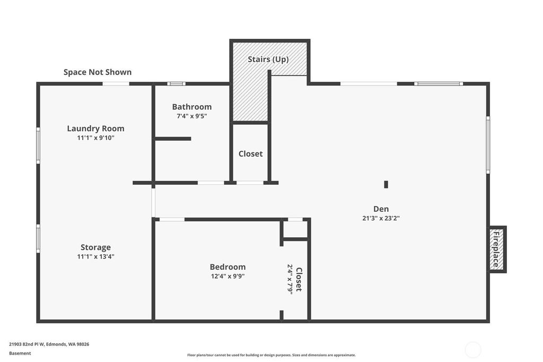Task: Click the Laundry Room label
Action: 95,128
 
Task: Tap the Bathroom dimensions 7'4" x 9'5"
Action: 192,116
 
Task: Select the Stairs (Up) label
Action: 268,59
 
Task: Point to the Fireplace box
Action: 497,249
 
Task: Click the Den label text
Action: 381,209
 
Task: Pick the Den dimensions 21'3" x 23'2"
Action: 381,219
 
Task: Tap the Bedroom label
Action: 227,267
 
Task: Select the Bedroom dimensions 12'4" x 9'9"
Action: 228,277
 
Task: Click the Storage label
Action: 95,247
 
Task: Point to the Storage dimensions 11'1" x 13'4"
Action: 95,256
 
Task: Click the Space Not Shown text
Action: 98,72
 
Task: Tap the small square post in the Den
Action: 386,185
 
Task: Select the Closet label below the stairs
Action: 250,153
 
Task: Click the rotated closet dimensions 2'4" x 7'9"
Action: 290,279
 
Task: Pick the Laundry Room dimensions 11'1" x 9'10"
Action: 95,138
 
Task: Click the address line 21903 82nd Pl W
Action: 49,344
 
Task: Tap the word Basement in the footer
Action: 20,354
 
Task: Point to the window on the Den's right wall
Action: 488,145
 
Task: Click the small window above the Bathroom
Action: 176,83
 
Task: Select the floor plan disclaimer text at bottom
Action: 271,355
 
